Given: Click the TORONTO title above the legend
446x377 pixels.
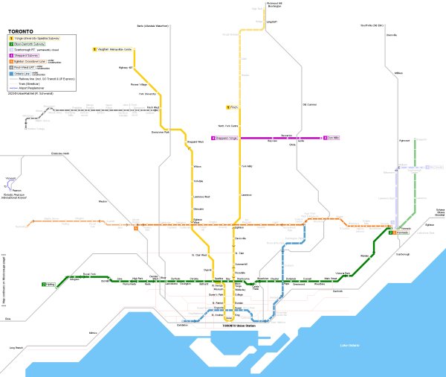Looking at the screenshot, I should tap(21, 30).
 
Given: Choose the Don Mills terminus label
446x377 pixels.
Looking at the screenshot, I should tap(332, 138).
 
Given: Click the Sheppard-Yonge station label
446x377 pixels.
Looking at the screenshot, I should tap(224, 138).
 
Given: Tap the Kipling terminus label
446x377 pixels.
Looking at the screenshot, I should tap(50, 284).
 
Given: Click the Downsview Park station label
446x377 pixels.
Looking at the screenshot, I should tap(161, 132).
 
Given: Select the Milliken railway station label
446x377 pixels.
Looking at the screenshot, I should tap(398, 73).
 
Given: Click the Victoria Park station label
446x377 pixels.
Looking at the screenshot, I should tap(343, 273).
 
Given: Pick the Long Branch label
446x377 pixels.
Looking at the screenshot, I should tap(16, 348).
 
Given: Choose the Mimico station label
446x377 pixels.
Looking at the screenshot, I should tap(93, 332).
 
